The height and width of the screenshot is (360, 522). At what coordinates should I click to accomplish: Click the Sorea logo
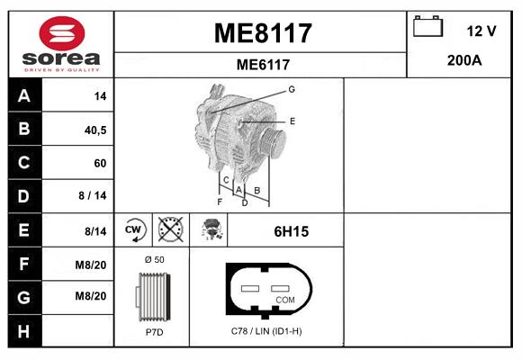point(61,43)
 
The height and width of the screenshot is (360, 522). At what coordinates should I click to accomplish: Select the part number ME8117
point(262,33)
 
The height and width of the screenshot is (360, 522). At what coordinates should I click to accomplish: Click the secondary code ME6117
point(262,64)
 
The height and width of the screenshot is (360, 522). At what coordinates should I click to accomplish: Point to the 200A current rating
point(464,60)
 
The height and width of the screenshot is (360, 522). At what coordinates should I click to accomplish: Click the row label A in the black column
point(23,95)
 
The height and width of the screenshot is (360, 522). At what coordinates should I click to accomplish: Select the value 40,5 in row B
point(95,130)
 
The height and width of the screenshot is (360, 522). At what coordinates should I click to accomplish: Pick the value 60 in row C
point(100,163)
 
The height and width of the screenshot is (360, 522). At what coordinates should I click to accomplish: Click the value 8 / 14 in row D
point(94,195)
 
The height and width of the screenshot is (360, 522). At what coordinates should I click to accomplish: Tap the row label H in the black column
point(23,330)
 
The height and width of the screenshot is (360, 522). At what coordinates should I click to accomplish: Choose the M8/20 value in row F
point(92,264)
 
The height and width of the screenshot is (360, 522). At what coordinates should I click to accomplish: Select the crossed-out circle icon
point(170,230)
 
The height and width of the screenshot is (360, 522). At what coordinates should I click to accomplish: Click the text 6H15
point(291,231)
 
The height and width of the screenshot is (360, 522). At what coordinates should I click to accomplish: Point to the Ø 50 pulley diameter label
point(154,260)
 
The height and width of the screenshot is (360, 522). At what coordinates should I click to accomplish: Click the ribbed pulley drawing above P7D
point(153,296)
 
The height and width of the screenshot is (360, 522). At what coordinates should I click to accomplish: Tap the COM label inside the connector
point(285,299)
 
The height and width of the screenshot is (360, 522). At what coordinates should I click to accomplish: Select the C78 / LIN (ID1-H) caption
point(265,331)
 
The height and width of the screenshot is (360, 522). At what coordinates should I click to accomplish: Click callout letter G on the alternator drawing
point(292,89)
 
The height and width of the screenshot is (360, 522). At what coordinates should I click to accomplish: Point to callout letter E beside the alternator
point(292,121)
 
